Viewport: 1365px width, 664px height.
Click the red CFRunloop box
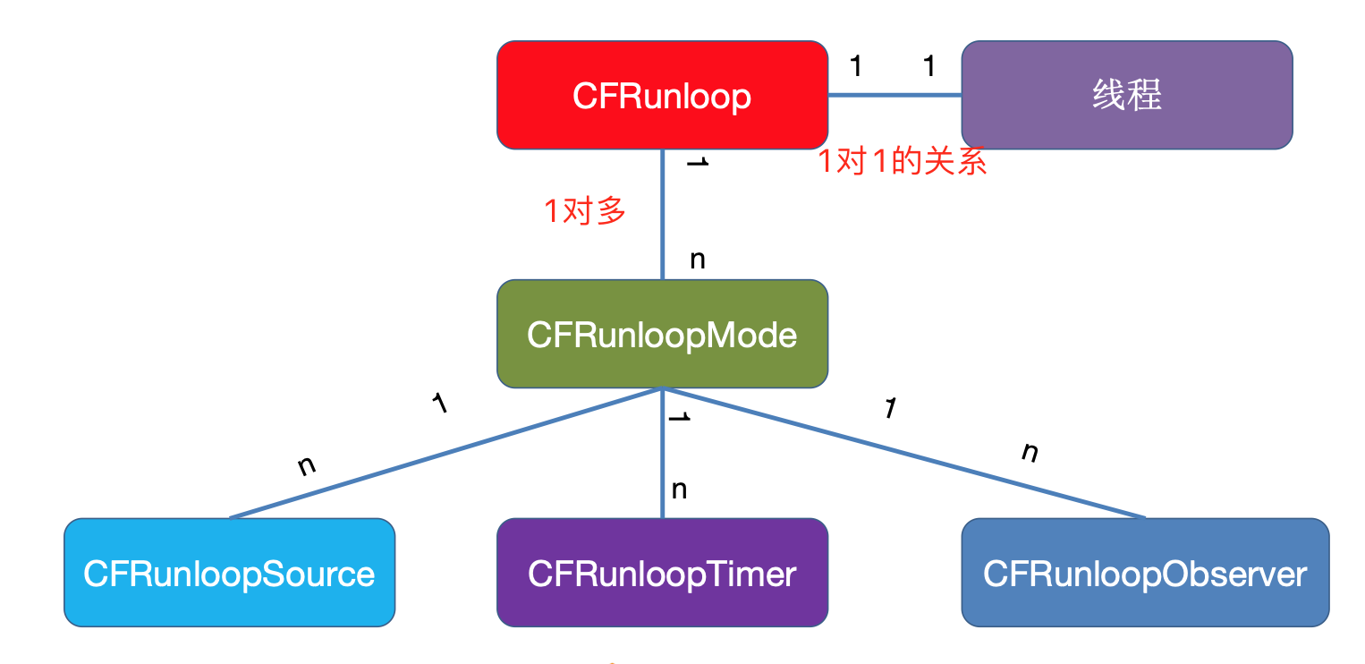[x=662, y=95]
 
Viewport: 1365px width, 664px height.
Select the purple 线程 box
[x=1126, y=95]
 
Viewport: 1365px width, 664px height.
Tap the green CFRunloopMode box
[x=662, y=334]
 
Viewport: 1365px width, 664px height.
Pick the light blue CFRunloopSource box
[x=229, y=573]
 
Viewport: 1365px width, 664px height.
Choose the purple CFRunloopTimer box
[x=662, y=573]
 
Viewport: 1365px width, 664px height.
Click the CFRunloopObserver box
[x=1145, y=573]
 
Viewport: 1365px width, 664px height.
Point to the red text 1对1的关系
[x=903, y=162]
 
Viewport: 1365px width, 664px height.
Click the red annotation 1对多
[x=585, y=211]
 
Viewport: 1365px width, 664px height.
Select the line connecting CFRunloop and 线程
[x=894, y=95]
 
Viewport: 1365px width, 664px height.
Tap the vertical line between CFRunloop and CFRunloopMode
[x=663, y=215]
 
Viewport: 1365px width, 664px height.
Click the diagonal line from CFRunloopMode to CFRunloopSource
[x=447, y=453]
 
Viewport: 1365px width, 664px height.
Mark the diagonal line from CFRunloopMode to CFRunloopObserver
[x=903, y=453]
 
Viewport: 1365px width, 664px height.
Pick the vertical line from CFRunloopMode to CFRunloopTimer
[x=663, y=452]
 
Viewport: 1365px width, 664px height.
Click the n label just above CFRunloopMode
[x=698, y=260]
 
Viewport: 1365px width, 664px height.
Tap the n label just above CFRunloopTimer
[x=679, y=489]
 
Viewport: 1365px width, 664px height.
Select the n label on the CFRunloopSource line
[x=306, y=465]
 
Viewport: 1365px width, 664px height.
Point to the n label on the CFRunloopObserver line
[x=1030, y=452]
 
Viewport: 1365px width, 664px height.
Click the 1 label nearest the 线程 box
[x=928, y=65]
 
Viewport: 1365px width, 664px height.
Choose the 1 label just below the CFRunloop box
[x=697, y=163]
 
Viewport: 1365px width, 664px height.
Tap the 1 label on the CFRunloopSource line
[x=438, y=404]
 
